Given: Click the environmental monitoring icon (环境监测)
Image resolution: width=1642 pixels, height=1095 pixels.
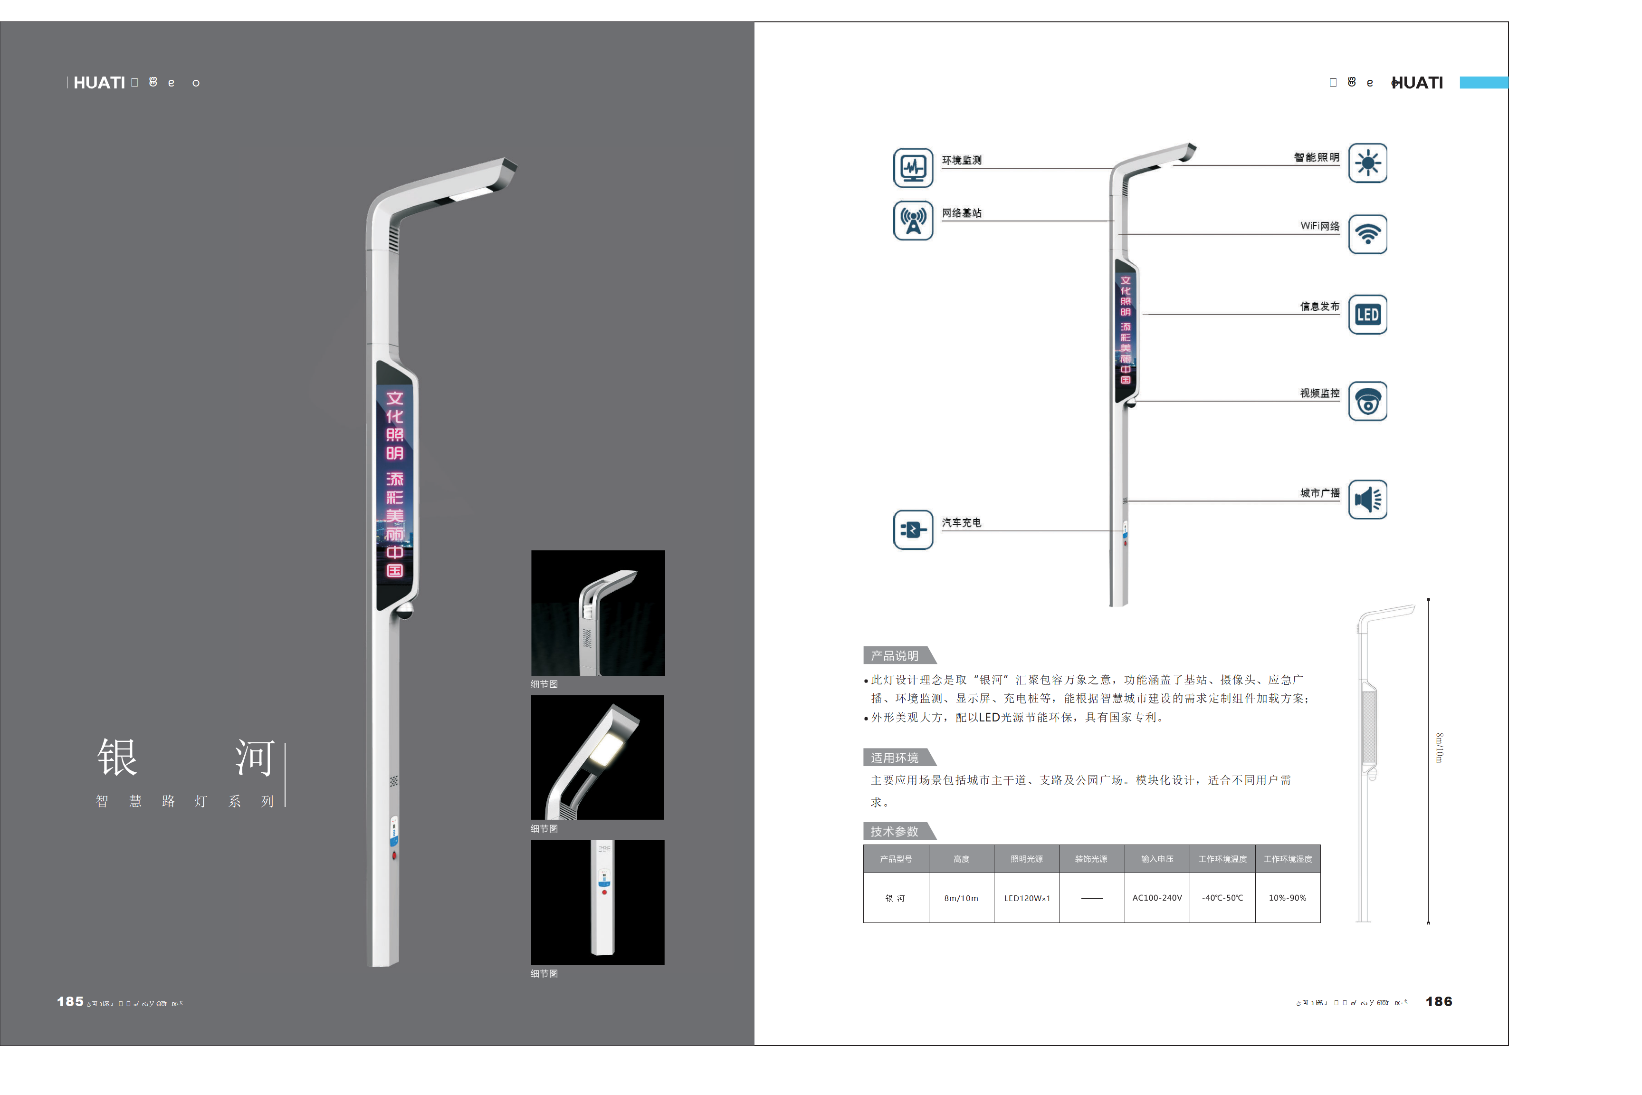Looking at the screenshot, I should click(912, 168).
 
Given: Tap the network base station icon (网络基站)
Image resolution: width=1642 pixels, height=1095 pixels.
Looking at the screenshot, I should click(912, 221).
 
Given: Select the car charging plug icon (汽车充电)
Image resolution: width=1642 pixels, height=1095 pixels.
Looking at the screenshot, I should click(912, 530).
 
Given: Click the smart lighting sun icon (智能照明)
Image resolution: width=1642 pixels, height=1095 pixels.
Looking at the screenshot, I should click(1367, 163).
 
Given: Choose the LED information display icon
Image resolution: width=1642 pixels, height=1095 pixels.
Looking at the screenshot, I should click(1367, 315).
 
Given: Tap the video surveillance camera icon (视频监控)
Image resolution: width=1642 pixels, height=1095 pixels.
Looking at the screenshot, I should click(1367, 402).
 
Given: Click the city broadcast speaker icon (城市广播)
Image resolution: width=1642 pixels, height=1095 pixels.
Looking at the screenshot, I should click(1367, 500).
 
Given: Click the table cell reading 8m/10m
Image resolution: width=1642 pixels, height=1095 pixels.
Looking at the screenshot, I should click(961, 898).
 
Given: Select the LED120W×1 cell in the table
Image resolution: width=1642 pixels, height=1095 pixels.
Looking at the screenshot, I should click(1026, 898).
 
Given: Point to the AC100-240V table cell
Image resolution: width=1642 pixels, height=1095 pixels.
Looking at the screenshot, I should click(1157, 898).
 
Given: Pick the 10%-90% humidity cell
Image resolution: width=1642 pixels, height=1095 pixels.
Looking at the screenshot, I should click(1288, 898).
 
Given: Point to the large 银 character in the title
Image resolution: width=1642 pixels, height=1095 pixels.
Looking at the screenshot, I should click(117, 758).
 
